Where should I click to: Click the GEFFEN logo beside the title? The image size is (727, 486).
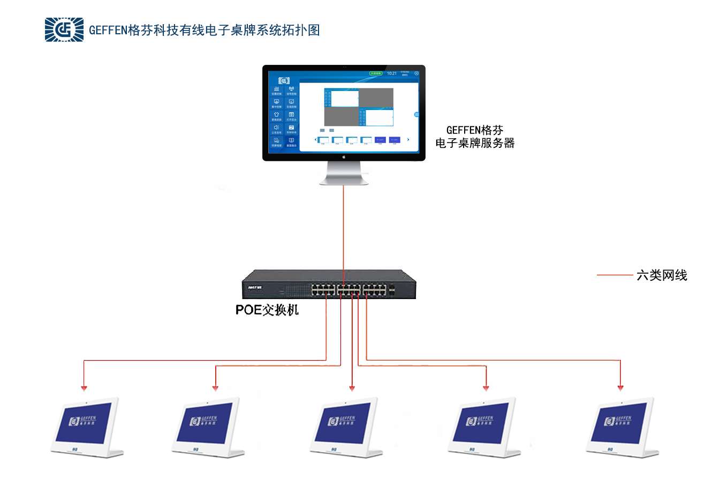point(64,29)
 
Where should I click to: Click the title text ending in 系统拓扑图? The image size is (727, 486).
point(205,30)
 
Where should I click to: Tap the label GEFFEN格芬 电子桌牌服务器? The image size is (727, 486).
point(475,137)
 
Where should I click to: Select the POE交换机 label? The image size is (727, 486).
point(267,310)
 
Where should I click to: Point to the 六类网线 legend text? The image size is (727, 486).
point(662,275)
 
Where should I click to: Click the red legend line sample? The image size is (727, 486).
point(615,275)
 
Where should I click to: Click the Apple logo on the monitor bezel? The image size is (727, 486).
point(344,157)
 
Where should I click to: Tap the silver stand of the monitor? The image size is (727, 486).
point(344,174)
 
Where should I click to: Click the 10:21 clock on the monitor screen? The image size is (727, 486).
point(392,73)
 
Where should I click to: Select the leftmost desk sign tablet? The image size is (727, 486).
point(87,427)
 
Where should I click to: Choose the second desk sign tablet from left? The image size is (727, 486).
point(208,427)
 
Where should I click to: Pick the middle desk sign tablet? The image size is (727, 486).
point(346,427)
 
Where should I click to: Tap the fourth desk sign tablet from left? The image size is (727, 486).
point(484,427)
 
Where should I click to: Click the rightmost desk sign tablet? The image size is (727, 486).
point(622,427)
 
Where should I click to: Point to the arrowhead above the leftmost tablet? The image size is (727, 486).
point(84,388)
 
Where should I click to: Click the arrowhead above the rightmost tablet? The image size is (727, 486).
point(620,388)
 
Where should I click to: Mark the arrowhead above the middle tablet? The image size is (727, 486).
point(352,388)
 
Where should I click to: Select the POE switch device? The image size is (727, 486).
point(329,285)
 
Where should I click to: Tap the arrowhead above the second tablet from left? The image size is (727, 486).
point(215,388)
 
